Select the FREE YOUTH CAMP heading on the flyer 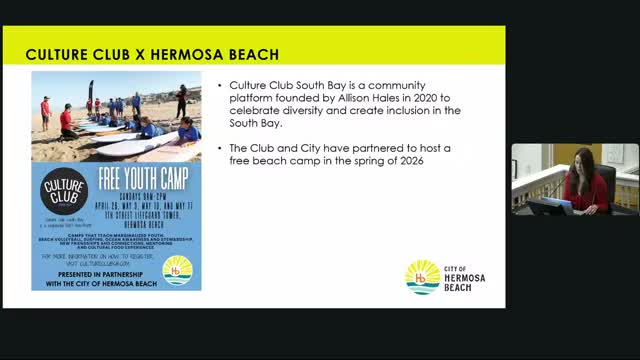(x=146, y=183)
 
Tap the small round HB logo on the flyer (x=177, y=270)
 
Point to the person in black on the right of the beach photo (x=181, y=101)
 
